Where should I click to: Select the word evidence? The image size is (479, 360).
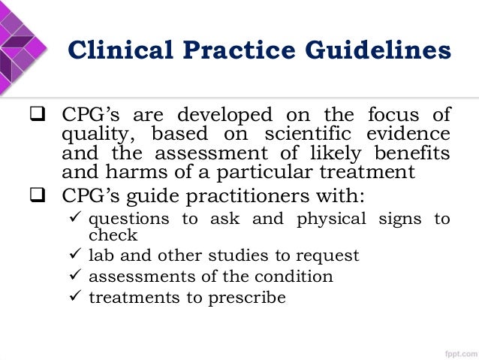pyautogui.click(x=411, y=135)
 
